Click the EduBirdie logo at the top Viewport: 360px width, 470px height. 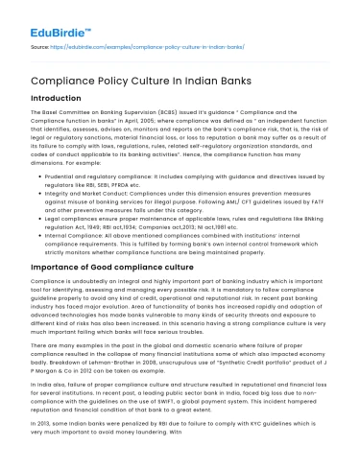pos(49,19)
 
